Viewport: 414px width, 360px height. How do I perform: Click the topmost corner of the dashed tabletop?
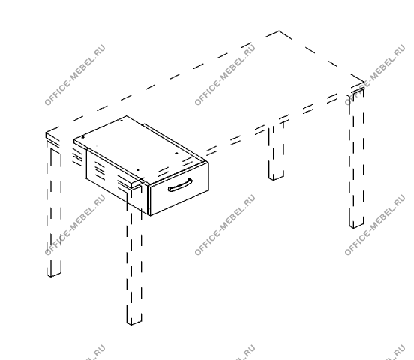tap(280, 31)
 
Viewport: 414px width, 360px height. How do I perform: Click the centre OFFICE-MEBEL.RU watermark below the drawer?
tap(225, 225)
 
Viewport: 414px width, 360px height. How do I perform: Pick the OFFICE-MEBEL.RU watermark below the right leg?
tap(375, 225)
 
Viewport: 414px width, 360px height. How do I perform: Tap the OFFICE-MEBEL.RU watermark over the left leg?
tap(75, 225)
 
